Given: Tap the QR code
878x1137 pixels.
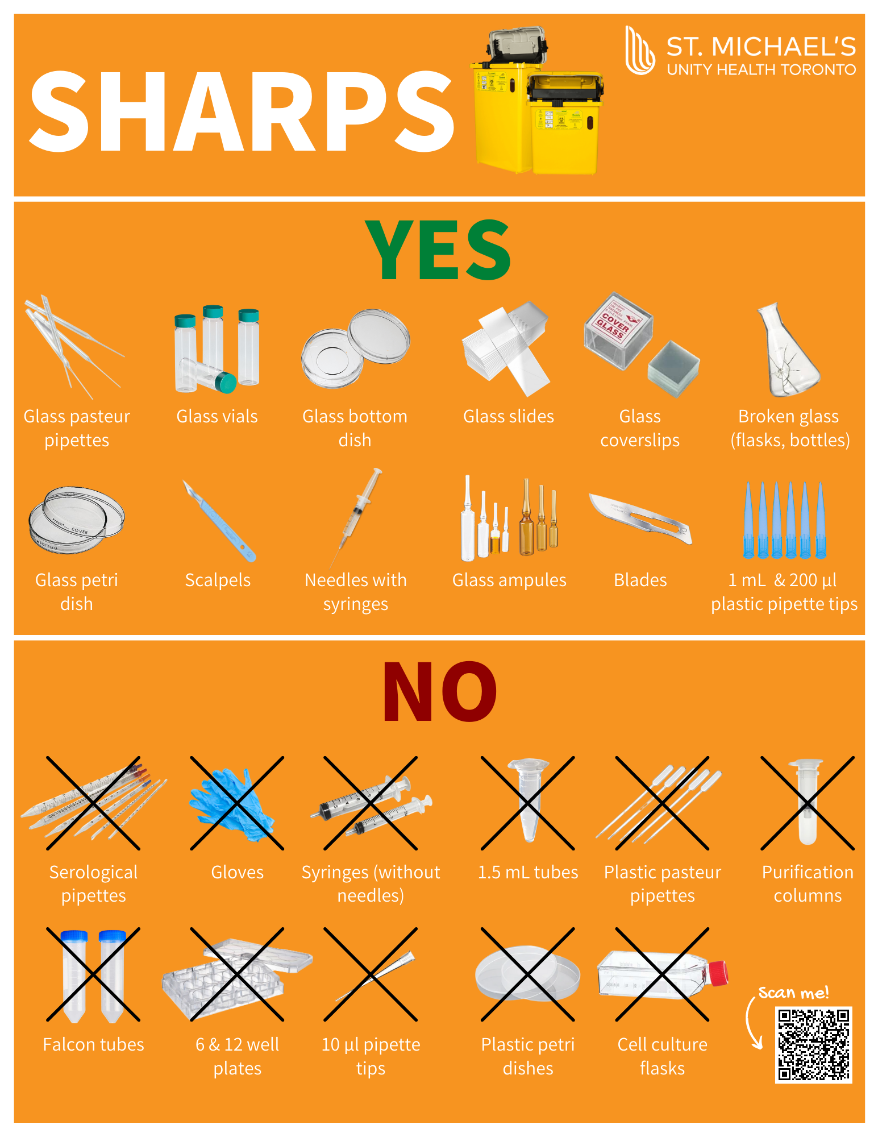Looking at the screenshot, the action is point(814,1045).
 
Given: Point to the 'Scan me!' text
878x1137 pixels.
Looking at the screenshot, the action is point(793,993).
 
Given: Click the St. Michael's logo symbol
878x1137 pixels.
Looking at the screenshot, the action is point(640,50).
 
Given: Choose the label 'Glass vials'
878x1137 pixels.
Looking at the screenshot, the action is point(217,416).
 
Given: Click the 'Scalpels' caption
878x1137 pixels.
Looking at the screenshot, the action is point(218,580).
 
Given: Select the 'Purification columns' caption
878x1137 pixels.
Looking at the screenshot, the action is point(808,884).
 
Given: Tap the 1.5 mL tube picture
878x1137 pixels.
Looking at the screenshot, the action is point(529,800).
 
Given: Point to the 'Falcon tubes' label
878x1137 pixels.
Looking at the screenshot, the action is point(94,1044).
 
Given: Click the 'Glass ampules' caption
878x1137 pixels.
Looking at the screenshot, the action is point(509,580).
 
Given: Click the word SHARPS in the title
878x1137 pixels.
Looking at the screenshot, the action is point(242,111).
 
